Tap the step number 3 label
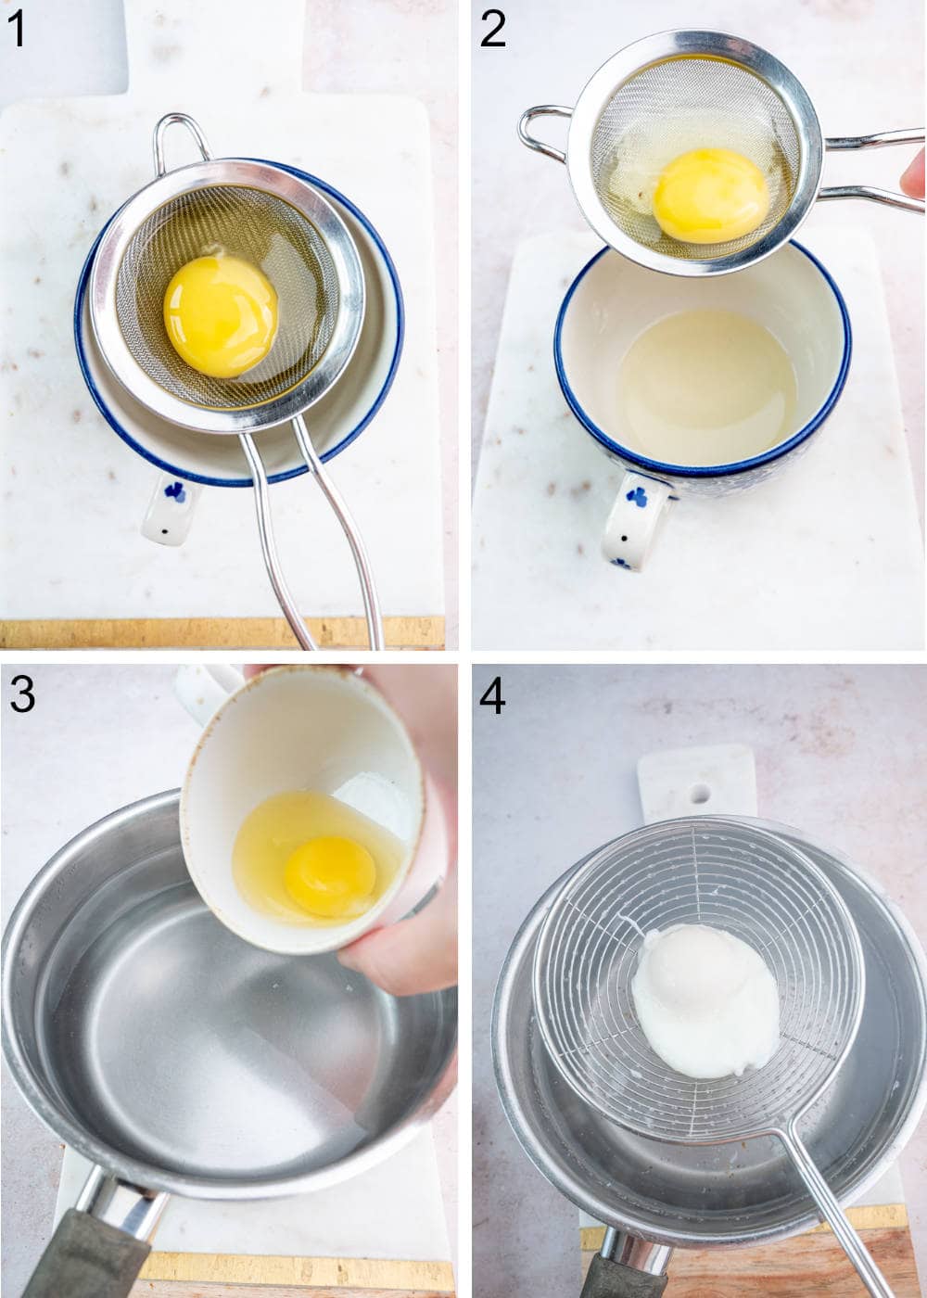[21, 694]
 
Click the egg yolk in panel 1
[221, 316]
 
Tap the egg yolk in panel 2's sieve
[710, 195]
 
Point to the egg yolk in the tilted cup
[330, 874]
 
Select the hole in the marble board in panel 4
[700, 794]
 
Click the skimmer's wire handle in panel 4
[834, 1205]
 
